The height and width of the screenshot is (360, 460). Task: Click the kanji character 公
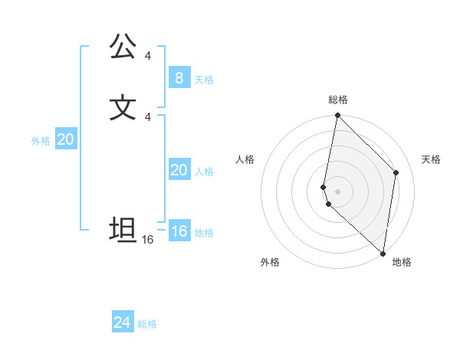(123, 47)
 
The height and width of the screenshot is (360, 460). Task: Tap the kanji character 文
(123, 106)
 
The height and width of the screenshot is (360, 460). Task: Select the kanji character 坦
(123, 229)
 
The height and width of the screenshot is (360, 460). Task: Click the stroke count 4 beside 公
(148, 56)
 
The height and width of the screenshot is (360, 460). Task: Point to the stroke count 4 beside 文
(148, 116)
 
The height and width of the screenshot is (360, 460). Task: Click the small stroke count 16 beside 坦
(148, 240)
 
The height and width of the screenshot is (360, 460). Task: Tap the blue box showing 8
(179, 78)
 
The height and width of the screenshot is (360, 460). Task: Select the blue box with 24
(123, 322)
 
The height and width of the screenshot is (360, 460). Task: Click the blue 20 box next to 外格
(65, 139)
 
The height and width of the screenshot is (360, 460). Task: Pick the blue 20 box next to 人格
(179, 170)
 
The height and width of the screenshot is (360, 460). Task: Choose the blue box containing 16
(179, 231)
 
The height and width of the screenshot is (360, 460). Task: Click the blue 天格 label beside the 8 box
(204, 80)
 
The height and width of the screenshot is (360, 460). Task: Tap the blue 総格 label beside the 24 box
(147, 324)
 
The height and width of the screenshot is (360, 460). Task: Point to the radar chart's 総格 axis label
(338, 100)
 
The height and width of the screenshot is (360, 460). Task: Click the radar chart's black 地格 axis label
(402, 262)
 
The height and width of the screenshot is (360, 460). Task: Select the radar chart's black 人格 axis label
(245, 159)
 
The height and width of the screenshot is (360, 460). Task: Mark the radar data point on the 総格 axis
(337, 116)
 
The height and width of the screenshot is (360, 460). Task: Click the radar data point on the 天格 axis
(396, 172)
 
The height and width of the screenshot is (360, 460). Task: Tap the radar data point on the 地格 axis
(383, 254)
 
